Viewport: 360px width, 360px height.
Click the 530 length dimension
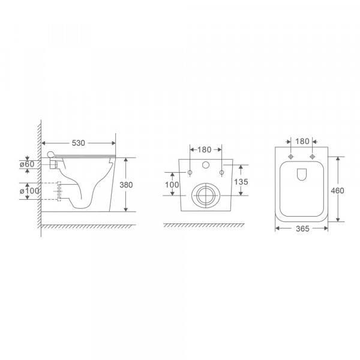click(79, 143)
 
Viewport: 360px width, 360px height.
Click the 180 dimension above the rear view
click(206, 149)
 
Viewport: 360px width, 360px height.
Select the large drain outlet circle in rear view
click(206, 195)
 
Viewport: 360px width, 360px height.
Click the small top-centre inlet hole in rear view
click(206, 164)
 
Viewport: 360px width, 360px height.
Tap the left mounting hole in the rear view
click(190, 173)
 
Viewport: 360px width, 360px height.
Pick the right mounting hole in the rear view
click(222, 173)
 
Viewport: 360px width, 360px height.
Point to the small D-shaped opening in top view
click(302, 174)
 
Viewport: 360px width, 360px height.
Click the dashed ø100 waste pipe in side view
click(61, 191)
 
